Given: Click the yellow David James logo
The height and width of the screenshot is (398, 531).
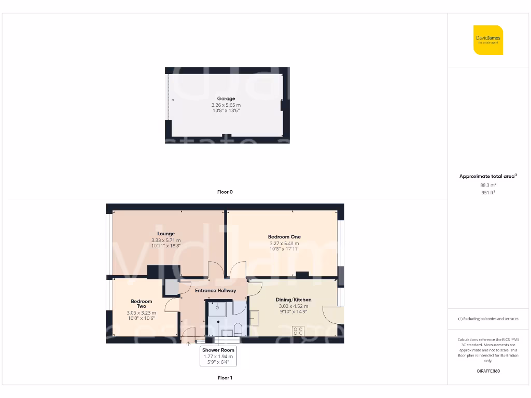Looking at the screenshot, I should click(488, 40).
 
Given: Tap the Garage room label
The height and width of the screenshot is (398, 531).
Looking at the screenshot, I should click(226, 98).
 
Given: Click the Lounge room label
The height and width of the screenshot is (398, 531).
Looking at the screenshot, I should click(166, 234).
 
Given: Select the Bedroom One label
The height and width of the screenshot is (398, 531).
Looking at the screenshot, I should click(284, 237).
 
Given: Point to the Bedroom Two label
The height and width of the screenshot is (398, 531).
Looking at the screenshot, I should click(141, 304).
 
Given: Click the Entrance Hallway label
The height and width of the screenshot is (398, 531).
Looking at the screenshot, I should click(215, 291).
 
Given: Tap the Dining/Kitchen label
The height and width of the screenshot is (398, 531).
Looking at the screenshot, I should click(294, 300).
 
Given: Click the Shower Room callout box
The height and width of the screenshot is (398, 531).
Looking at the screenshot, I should click(218, 357).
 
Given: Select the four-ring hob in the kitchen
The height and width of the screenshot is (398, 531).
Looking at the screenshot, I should click(298, 330).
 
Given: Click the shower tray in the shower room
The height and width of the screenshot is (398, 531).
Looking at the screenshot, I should click(217, 308).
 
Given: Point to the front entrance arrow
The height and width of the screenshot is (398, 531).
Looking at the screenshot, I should click(188, 342).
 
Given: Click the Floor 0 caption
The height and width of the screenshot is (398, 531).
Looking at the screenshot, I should click(225, 192).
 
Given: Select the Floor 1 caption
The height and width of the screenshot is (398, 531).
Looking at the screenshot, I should click(225, 378).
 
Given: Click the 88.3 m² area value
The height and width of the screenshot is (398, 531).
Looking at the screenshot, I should click(488, 184).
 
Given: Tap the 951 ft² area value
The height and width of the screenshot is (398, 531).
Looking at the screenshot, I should click(488, 192).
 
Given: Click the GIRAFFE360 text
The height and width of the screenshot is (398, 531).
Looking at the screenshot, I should click(488, 371).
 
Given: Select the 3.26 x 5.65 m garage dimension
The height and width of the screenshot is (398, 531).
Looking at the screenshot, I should click(226, 105).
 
